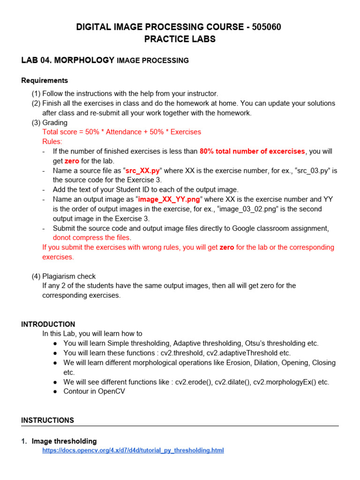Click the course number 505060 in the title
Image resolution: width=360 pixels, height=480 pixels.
coord(266,27)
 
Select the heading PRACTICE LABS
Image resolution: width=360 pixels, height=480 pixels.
coord(180,39)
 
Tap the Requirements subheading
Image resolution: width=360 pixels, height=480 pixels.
coord(45,80)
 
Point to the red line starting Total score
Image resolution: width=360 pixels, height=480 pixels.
coord(121,132)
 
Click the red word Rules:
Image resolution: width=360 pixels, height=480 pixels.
coord(52,142)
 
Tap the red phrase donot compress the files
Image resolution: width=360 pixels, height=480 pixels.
coord(92,238)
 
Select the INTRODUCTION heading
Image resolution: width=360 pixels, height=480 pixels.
coord(48,324)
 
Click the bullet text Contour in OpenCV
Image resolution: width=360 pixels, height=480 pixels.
coord(94,391)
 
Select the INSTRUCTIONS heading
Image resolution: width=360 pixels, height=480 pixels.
coord(47,420)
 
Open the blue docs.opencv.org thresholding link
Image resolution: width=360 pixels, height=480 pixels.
coord(133,450)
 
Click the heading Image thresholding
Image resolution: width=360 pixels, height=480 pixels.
coord(64,441)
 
